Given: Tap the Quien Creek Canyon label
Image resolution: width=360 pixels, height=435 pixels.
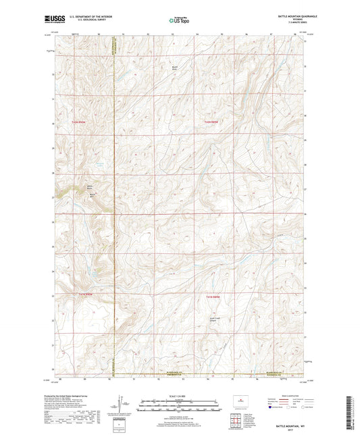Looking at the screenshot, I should pos(215,321).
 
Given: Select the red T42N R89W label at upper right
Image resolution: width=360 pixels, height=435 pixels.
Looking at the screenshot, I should pos(212,122).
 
